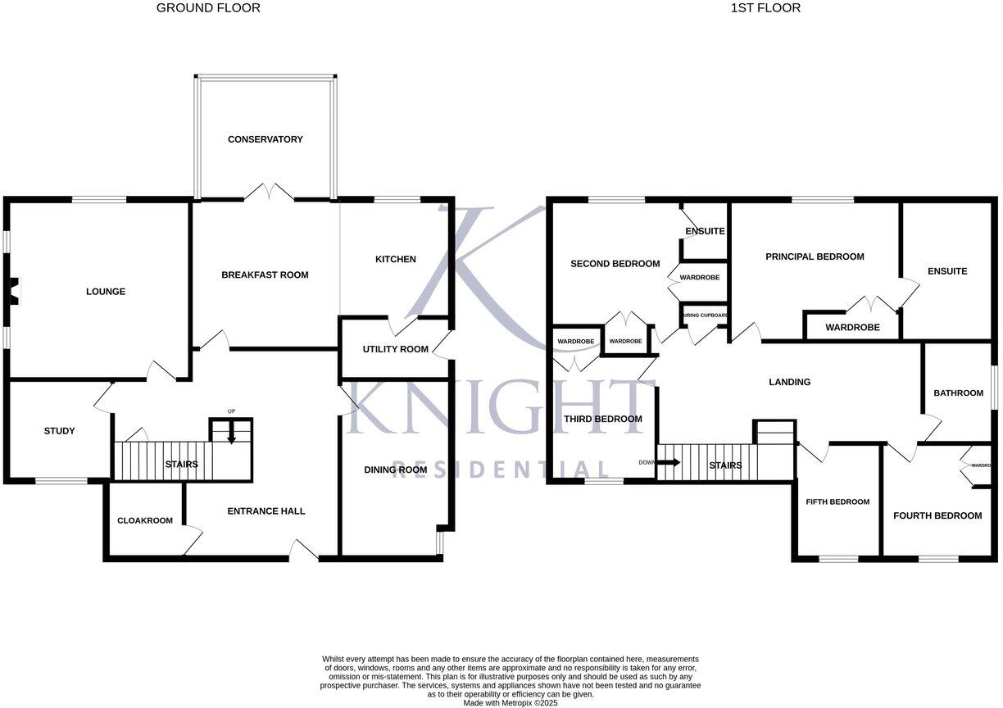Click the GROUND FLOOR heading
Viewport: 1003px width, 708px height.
(208, 8)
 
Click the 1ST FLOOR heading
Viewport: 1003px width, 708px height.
(765, 8)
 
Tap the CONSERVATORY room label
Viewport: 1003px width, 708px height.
(265, 139)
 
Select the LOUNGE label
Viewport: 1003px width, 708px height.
(106, 292)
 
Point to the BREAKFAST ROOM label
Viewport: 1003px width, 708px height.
(265, 275)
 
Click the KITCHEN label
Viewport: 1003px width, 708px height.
(395, 260)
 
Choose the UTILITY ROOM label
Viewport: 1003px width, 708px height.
(395, 350)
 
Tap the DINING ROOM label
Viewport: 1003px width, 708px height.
(396, 470)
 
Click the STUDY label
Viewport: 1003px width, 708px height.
(59, 431)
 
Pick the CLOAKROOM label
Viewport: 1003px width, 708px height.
(145, 520)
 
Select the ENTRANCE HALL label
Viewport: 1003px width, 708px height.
(265, 511)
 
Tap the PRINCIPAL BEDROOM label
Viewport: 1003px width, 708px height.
(815, 256)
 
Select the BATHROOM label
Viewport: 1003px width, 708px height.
(958, 393)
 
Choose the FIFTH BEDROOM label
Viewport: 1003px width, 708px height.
(837, 502)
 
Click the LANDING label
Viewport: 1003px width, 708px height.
(789, 382)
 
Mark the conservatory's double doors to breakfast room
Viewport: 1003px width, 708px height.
(269, 193)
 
